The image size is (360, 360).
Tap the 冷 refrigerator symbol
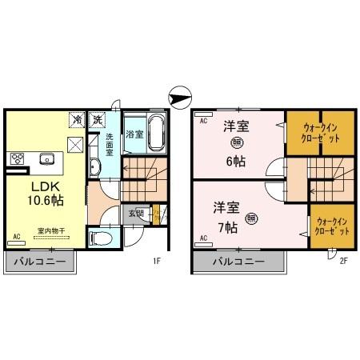[x=77, y=119]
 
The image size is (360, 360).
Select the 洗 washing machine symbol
[x=96, y=119]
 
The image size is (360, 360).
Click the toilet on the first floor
[x=102, y=238]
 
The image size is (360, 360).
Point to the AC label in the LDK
[x=16, y=237]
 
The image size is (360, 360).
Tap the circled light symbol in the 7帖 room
[x=251, y=217]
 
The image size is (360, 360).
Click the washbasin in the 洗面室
[x=94, y=167]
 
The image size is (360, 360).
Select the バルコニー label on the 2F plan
[x=238, y=262]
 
